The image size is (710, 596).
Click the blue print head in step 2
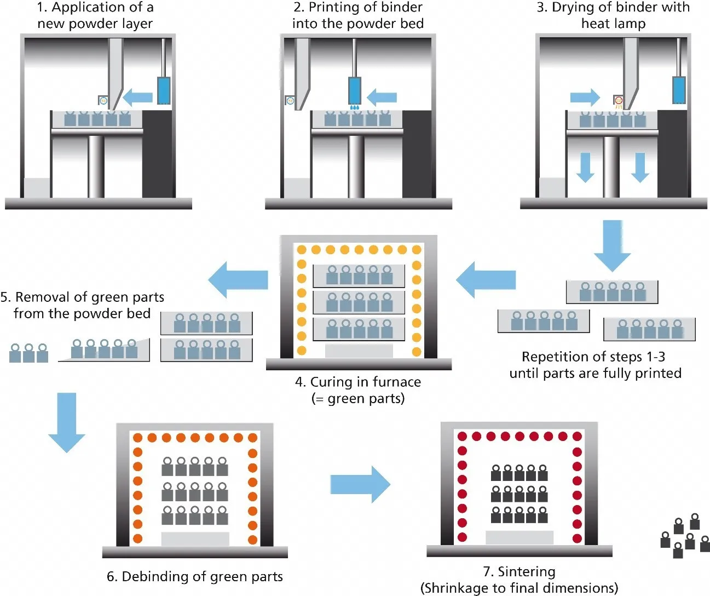click(355, 90)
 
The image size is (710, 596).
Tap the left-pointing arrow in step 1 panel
click(137, 98)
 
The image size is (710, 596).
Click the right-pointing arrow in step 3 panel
click(585, 98)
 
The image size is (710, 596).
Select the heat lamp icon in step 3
click(619, 101)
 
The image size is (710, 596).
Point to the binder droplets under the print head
click(355, 107)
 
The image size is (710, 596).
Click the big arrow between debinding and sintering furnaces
click(360, 484)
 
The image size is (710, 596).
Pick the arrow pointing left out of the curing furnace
click(239, 280)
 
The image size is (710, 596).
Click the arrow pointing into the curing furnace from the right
click(486, 280)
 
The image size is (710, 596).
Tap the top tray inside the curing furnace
click(359, 276)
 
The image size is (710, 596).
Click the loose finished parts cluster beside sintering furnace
click(685, 536)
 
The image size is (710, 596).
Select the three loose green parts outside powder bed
click(28, 353)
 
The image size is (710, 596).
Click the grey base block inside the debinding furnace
click(195, 538)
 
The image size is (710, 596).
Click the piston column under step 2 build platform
click(356, 166)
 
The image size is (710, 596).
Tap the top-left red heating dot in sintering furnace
click(462, 437)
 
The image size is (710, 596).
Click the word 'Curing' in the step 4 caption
click(331, 382)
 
